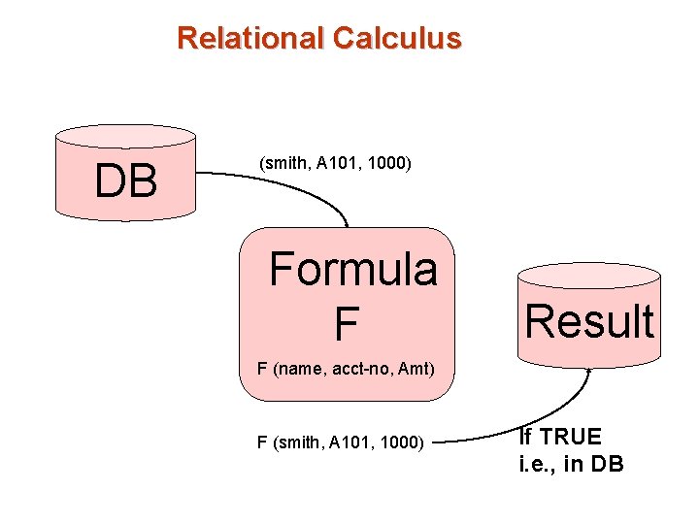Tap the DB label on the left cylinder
pyautogui.click(x=126, y=180)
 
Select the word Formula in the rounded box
pyautogui.click(x=353, y=269)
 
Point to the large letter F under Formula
pyautogui.click(x=346, y=324)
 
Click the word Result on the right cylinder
pyautogui.click(x=589, y=321)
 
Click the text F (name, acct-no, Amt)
pyautogui.click(x=345, y=369)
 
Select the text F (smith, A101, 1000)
pyautogui.click(x=340, y=442)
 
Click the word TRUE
pyautogui.click(x=575, y=437)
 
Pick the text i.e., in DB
pyautogui.click(x=571, y=464)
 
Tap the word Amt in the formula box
pyautogui.click(x=414, y=369)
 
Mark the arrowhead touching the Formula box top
pyautogui.click(x=346, y=223)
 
